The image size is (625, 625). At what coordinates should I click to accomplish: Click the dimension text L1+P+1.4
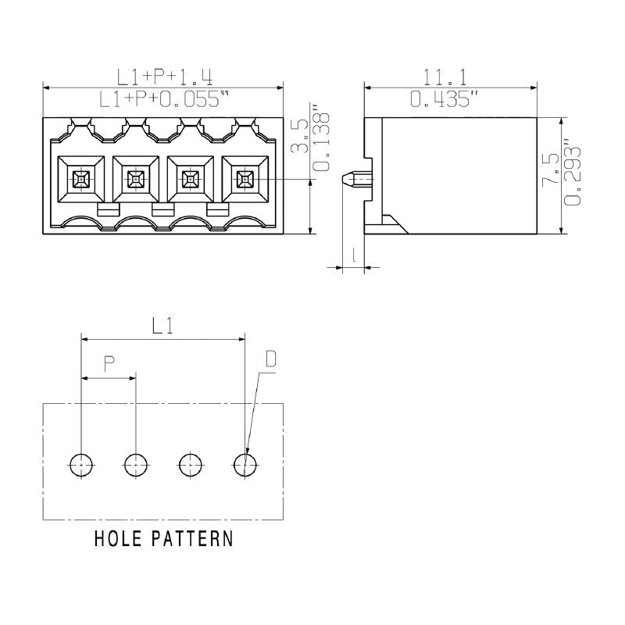(x=165, y=77)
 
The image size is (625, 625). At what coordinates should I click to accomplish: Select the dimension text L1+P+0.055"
(x=165, y=100)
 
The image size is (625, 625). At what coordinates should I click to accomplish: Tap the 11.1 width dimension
(x=449, y=77)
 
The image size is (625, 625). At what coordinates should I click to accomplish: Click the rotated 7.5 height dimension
(x=552, y=168)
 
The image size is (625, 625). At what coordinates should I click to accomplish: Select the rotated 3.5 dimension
(x=298, y=136)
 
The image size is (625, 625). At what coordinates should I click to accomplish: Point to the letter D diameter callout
(x=271, y=359)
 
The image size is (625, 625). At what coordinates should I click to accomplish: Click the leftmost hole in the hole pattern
(x=81, y=465)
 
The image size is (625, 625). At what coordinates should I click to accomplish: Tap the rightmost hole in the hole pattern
(x=245, y=465)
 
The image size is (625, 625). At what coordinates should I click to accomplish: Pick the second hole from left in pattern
(x=136, y=465)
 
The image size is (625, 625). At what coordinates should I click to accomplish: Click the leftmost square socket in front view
(x=81, y=180)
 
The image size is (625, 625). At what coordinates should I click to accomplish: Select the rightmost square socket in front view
(x=245, y=180)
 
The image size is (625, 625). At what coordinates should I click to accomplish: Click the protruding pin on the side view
(x=356, y=180)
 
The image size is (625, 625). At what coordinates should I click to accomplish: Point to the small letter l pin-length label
(x=355, y=254)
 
